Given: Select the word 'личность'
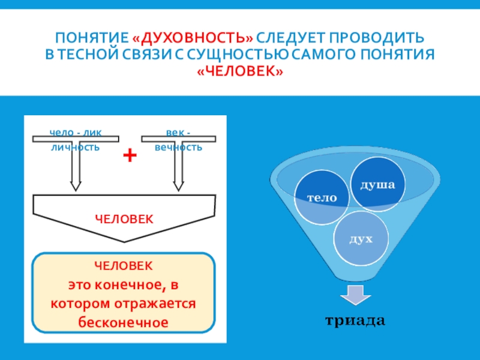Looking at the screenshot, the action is pos(75,147).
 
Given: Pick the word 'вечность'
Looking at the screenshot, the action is pos(179,147).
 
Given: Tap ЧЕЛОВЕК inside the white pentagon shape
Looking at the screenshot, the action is pos(124,218).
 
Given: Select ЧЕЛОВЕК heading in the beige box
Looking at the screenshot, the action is pos(124,265).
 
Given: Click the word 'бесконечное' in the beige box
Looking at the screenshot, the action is pos(122,322).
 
